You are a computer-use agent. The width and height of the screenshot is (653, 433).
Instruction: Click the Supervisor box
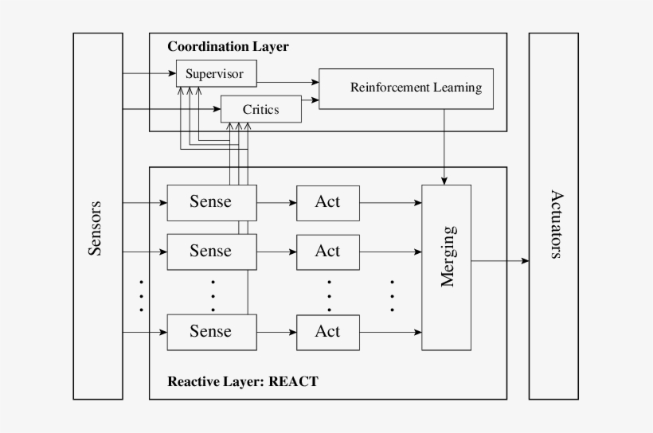(215, 74)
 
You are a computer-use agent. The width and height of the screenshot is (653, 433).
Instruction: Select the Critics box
(260, 109)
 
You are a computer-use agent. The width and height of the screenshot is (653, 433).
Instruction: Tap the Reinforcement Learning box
(405, 88)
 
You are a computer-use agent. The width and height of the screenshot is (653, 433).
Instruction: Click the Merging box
(446, 267)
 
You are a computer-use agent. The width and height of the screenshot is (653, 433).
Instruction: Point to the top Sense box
(211, 202)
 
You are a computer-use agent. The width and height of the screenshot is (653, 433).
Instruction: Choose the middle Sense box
(211, 252)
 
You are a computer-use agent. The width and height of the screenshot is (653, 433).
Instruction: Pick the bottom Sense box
(211, 332)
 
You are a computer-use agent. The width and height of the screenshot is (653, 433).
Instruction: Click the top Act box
(327, 202)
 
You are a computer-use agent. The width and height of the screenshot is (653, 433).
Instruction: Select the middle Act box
(327, 252)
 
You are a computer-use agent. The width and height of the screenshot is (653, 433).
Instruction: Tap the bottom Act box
(327, 332)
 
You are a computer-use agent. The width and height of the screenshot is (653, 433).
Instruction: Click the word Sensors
(96, 228)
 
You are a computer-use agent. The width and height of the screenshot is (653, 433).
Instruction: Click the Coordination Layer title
(228, 47)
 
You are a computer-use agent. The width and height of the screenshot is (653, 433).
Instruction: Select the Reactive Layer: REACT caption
(242, 381)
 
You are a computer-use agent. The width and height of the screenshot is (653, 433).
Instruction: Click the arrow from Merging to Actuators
(499, 260)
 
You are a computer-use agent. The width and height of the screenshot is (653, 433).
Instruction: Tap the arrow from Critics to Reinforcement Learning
(311, 100)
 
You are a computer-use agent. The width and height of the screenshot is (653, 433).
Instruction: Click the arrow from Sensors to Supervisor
(149, 74)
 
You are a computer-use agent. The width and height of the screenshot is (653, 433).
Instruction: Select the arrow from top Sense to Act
(276, 202)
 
